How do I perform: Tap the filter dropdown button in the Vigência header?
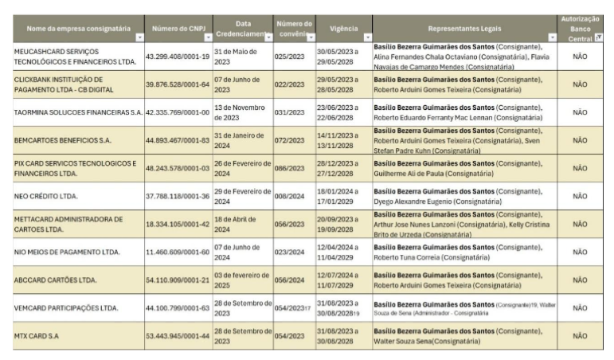pyautogui.click(x=367, y=37)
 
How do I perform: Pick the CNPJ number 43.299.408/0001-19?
pyautogui.click(x=178, y=56)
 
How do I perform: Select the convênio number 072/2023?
pyautogui.click(x=288, y=141)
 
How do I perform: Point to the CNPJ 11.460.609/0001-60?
pyautogui.click(x=178, y=252)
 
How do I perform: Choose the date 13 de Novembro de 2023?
pyautogui.click(x=242, y=112)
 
